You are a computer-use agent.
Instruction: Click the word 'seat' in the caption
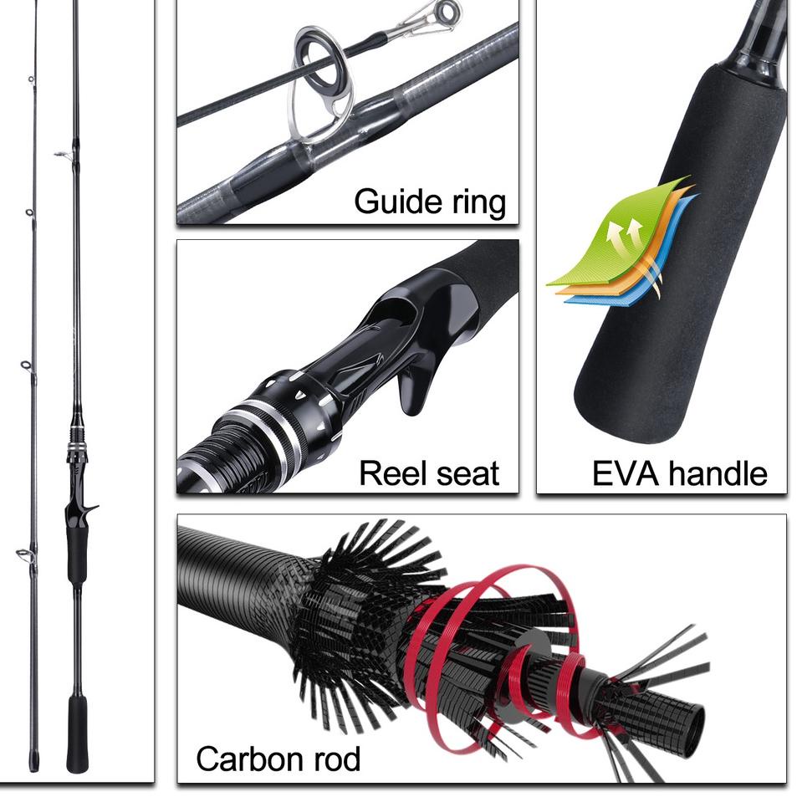tap(466, 473)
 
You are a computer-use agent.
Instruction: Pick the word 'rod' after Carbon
tap(333, 759)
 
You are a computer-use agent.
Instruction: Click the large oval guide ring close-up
tap(321, 84)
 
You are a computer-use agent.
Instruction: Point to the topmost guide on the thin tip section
tap(31, 79)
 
